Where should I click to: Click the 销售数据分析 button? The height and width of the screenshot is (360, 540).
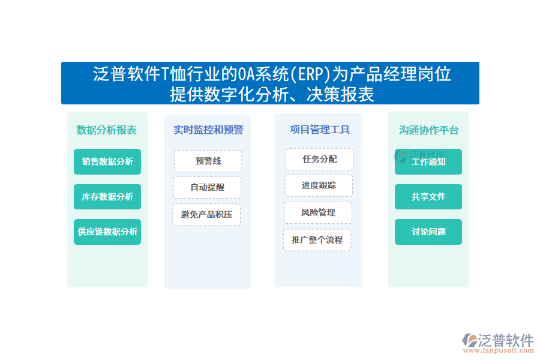point(107,161)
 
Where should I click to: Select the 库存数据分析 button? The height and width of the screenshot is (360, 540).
point(107,197)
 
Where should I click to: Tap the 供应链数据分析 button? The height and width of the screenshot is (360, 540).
point(107,232)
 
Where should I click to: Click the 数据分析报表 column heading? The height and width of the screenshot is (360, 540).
point(107,130)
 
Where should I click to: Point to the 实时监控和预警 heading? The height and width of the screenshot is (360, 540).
point(208,130)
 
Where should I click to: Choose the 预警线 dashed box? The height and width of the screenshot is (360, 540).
point(208,161)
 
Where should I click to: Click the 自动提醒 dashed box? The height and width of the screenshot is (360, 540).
point(207,187)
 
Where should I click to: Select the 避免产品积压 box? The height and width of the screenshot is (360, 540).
point(206,214)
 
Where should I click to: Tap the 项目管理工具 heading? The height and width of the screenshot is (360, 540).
point(319,130)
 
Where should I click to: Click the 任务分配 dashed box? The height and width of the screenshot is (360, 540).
point(319,159)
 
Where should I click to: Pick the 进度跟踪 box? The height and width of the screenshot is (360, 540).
point(319,185)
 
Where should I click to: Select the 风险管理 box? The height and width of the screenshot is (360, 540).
point(318,212)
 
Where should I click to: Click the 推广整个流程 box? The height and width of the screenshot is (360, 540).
point(317,240)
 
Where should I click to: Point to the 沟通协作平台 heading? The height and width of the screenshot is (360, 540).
point(428,130)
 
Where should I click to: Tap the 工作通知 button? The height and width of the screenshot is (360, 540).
point(428,162)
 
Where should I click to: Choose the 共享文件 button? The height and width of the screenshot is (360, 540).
point(428,197)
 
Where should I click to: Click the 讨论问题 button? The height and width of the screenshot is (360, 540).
point(428,232)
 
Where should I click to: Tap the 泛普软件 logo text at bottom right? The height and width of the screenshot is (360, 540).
point(506,341)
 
